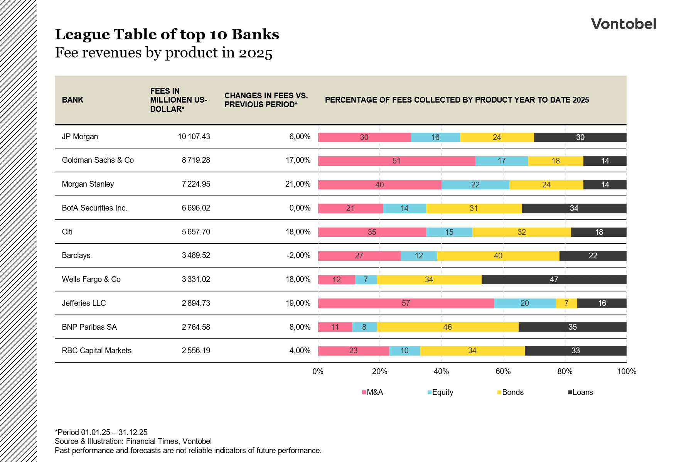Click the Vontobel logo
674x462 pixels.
tap(623, 24)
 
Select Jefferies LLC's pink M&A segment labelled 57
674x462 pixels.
tap(406, 303)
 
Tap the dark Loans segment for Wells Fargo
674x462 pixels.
tap(554, 280)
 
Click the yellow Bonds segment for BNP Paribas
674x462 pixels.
tap(447, 327)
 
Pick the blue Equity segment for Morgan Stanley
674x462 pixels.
tap(475, 185)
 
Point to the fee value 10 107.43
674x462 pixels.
tap(194, 137)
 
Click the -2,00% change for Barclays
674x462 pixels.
tap(298, 255)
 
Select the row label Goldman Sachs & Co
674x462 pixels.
tap(98, 160)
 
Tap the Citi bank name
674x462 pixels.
tap(67, 232)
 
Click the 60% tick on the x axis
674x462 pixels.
tap(503, 371)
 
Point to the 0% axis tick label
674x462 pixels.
tap(318, 371)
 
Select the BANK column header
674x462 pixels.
tap(72, 100)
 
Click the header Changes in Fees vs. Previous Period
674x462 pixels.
tap(266, 100)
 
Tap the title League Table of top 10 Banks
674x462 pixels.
tap(167, 34)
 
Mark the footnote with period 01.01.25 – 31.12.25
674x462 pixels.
tap(101, 432)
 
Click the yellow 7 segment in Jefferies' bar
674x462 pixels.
tap(566, 303)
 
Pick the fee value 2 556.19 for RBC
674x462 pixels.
tap(196, 351)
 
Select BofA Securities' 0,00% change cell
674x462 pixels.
tap(300, 208)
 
